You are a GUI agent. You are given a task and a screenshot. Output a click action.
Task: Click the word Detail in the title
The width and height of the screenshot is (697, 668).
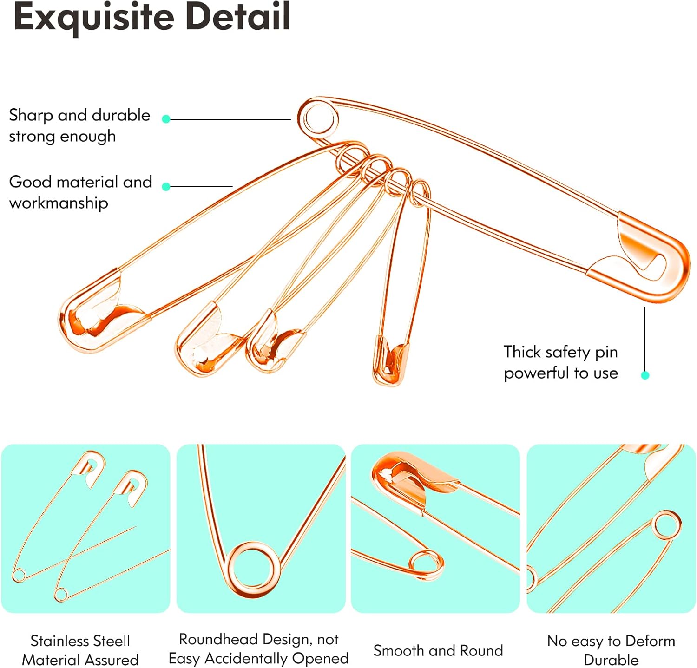point(238,16)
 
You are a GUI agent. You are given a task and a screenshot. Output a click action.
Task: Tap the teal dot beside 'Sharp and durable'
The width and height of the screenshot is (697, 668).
point(166,119)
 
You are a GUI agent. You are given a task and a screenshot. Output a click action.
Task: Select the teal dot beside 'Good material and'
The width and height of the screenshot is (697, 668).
point(166,187)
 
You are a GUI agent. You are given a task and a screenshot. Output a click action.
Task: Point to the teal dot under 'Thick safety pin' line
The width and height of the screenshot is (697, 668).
point(645,375)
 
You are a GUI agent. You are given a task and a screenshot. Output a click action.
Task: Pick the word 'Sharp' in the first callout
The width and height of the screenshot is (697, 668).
point(31,115)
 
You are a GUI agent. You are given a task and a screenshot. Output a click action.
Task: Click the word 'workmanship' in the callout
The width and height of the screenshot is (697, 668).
point(59,203)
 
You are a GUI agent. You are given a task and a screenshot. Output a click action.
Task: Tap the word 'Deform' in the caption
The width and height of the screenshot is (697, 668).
point(650,641)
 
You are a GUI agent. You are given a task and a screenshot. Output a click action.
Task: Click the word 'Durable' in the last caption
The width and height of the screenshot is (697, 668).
point(611,660)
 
